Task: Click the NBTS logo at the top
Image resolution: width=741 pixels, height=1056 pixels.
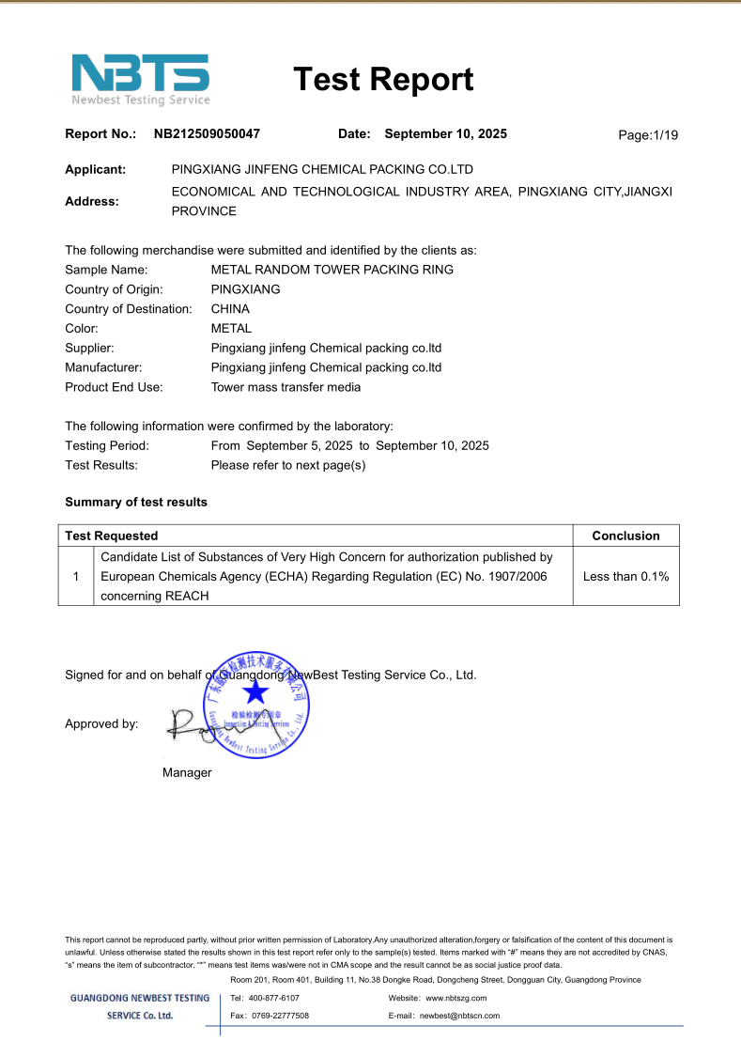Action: [141, 79]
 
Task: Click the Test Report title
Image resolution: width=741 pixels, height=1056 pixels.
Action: [383, 80]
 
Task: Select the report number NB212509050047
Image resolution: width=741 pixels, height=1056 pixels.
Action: [207, 133]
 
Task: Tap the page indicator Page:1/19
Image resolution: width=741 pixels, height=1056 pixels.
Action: [648, 135]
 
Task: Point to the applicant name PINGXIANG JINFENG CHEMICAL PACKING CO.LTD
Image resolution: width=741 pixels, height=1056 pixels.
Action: [322, 170]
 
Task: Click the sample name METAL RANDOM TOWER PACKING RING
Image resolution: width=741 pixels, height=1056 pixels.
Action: [332, 270]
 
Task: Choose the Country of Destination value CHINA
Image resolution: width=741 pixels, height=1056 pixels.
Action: [230, 309]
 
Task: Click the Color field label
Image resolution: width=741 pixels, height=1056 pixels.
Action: [82, 329]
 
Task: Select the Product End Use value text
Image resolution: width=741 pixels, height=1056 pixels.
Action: [286, 387]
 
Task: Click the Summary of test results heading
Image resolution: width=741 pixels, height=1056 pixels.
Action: [136, 502]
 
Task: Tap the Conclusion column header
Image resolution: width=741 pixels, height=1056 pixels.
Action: [625, 536]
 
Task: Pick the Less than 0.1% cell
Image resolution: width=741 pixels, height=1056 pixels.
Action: [625, 576]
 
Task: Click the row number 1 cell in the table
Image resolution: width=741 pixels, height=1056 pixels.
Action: [76, 576]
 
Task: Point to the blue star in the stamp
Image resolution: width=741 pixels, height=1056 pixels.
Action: [255, 693]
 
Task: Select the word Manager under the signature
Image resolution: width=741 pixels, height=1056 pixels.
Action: [187, 772]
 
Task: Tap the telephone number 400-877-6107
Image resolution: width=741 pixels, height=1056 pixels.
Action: [274, 998]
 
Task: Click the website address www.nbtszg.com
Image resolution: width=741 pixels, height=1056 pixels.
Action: [456, 998]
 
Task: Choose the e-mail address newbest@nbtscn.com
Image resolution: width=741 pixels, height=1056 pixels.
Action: [459, 1016]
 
